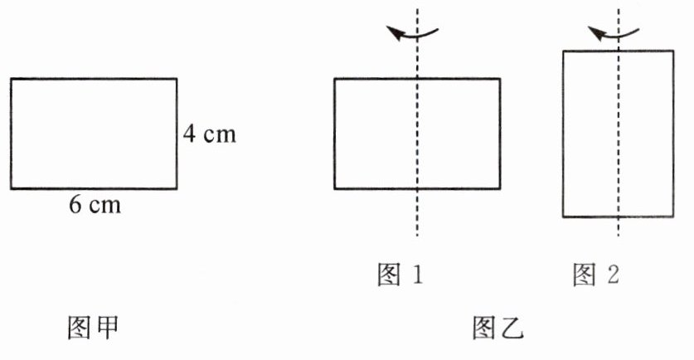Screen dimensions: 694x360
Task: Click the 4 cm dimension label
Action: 209,134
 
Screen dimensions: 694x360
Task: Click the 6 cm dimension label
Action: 95,205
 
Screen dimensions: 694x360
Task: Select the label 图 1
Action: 400,275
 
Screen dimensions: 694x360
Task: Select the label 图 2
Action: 596,275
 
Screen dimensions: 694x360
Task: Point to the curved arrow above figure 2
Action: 614,33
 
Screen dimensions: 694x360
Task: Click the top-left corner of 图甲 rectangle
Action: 11,79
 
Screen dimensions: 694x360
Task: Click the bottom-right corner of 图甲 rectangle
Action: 177,188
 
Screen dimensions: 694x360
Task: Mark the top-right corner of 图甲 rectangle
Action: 177,79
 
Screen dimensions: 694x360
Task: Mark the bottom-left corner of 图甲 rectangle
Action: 11,188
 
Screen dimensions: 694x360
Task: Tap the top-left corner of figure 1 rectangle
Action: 335,79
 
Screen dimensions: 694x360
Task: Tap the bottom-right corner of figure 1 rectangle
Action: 500,188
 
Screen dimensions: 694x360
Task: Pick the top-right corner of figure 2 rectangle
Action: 672,51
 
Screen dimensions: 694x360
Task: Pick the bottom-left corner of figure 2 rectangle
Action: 564,216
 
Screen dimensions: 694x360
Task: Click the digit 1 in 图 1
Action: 416,275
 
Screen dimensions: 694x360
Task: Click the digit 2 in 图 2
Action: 612,275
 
